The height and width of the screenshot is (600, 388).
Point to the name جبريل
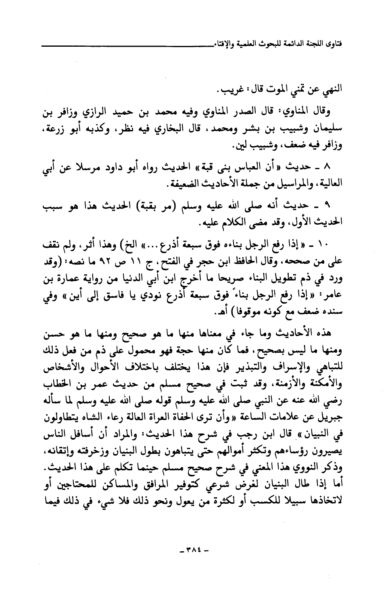[x=331, y=416]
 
